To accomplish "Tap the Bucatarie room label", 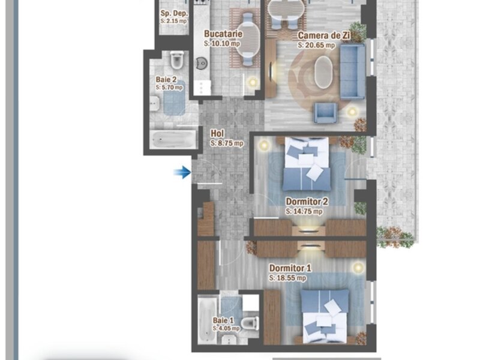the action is tap(223, 34).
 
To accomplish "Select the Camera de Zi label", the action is tap(324, 35).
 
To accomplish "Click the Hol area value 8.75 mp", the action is tap(227, 143).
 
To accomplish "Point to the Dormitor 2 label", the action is tap(307, 202).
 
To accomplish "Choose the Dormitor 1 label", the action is tap(290, 268).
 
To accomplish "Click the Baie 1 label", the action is tap(223, 320).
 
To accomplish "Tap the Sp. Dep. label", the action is tap(174, 13).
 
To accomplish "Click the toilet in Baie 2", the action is tap(177, 60).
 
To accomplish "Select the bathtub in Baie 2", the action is tap(174, 140).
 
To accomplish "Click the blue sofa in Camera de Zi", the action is tap(353, 71).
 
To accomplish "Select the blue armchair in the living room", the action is tap(326, 113).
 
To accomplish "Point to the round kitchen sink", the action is tap(202, 64).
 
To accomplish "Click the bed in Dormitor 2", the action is tap(307, 164).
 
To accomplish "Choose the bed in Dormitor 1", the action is tap(325, 316).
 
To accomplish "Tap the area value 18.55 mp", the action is tap(287, 278).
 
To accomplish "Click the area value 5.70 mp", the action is tap(169, 87).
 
